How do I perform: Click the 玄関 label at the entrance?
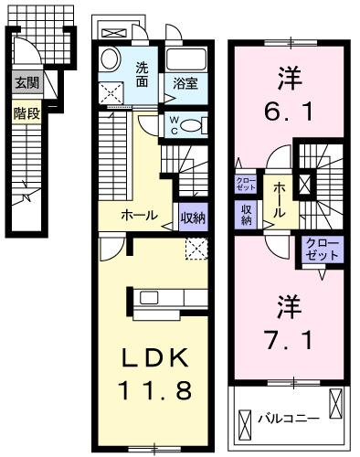24,82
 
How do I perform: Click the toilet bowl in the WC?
189,126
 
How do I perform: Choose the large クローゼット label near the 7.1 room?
321,249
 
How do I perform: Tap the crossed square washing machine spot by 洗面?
113,92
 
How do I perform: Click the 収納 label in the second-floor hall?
247,214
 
